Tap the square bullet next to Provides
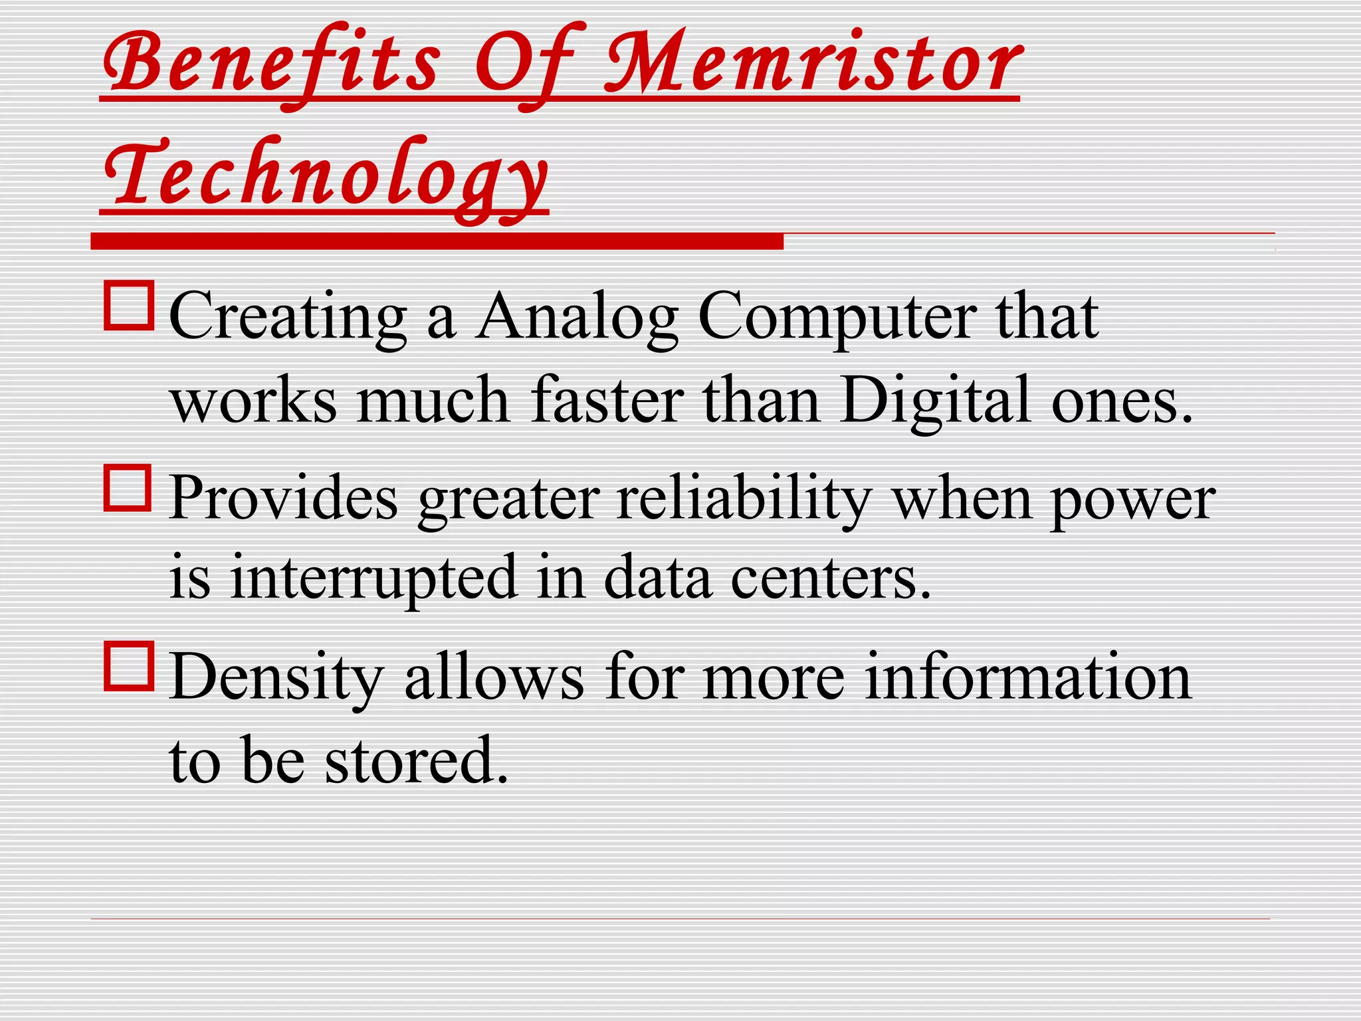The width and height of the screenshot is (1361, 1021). point(128,487)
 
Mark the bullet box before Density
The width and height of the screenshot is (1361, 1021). point(129,665)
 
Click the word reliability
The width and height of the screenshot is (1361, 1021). point(744,499)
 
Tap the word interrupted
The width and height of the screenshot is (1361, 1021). point(373,576)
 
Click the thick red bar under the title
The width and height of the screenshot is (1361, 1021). point(437,241)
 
